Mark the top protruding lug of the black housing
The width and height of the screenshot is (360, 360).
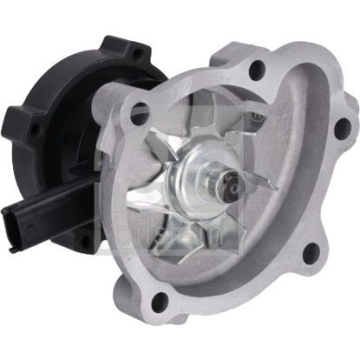click(x=120, y=47)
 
